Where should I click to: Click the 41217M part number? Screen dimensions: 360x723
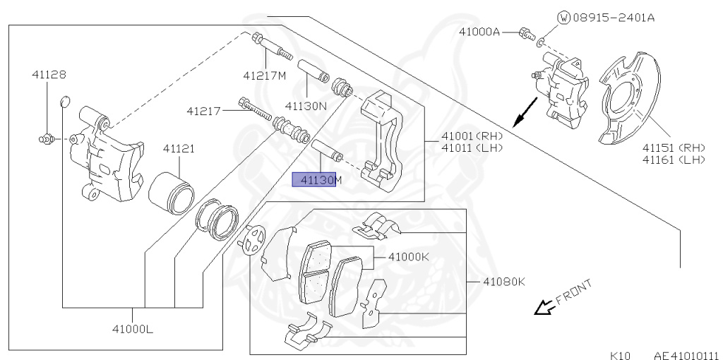[265, 76]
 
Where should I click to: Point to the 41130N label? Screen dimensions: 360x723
[306, 106]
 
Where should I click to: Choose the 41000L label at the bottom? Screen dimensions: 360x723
[133, 329]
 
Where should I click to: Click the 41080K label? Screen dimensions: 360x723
[504, 282]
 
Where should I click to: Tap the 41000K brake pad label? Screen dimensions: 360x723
[408, 257]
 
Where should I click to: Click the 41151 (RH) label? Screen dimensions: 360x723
[674, 148]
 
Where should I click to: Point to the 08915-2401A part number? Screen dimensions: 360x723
[613, 17]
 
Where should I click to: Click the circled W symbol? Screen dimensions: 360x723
[563, 17]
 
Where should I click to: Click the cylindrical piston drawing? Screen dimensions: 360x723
[172, 191]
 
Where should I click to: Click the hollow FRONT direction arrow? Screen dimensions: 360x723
[543, 307]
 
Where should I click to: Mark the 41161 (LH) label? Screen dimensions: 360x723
[674, 160]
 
